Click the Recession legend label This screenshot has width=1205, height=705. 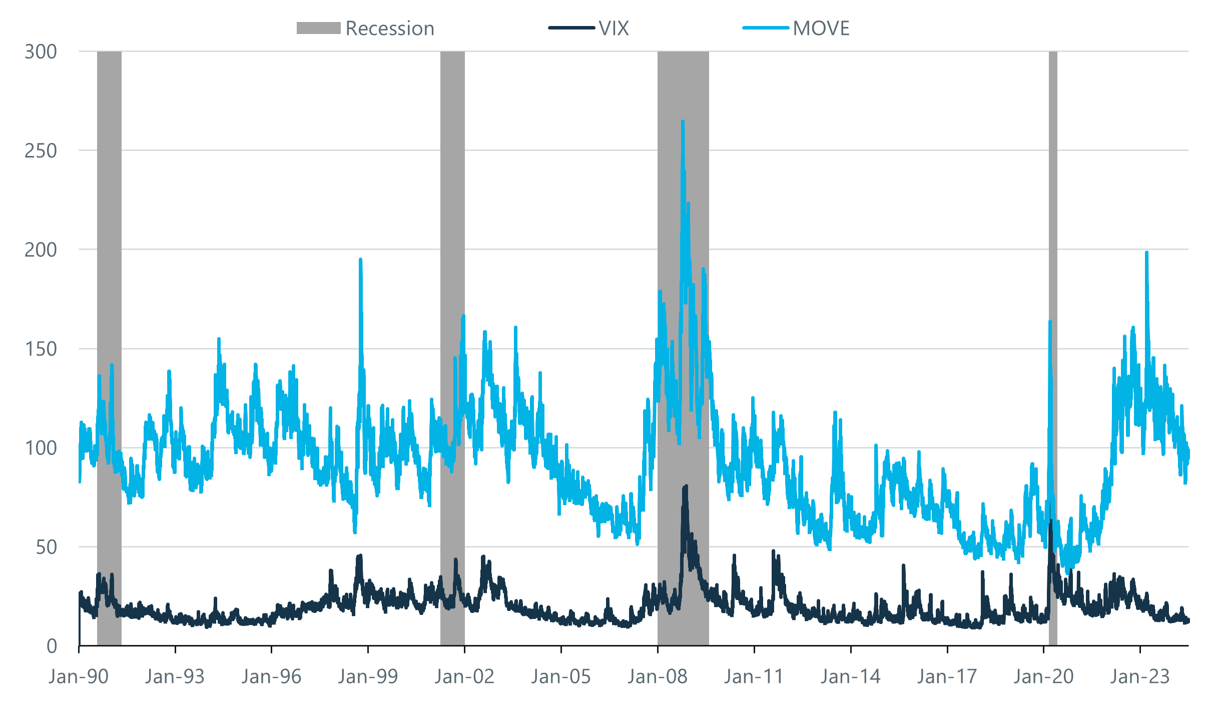pyautogui.click(x=389, y=28)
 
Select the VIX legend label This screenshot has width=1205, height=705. pyautogui.click(x=614, y=28)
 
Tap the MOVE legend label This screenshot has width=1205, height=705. pyautogui.click(x=821, y=28)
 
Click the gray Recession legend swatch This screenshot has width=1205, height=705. pyautogui.click(x=318, y=28)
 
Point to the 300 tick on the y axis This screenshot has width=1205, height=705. pyautogui.click(x=41, y=51)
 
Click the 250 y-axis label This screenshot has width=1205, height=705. pyautogui.click(x=41, y=150)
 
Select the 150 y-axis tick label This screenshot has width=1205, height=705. pyautogui.click(x=41, y=349)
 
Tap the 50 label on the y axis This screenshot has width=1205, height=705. pyautogui.click(x=46, y=547)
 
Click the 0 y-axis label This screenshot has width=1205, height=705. pyautogui.click(x=52, y=646)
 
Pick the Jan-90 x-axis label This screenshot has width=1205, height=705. pyautogui.click(x=79, y=676)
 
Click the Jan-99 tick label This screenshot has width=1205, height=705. pyautogui.click(x=368, y=676)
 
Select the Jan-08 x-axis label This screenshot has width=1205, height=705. pyautogui.click(x=658, y=676)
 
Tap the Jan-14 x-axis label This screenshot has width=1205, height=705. pyautogui.click(x=850, y=676)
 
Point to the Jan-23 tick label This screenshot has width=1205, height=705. pyautogui.click(x=1140, y=676)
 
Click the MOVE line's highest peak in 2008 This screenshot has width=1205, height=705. pyautogui.click(x=683, y=121)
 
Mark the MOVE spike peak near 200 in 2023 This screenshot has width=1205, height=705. pyautogui.click(x=1146, y=252)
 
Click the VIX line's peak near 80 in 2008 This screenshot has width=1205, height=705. pyautogui.click(x=685, y=486)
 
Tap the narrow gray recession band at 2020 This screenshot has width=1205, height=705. pyautogui.click(x=1053, y=300)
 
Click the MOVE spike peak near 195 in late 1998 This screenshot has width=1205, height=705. pyautogui.click(x=360, y=259)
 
